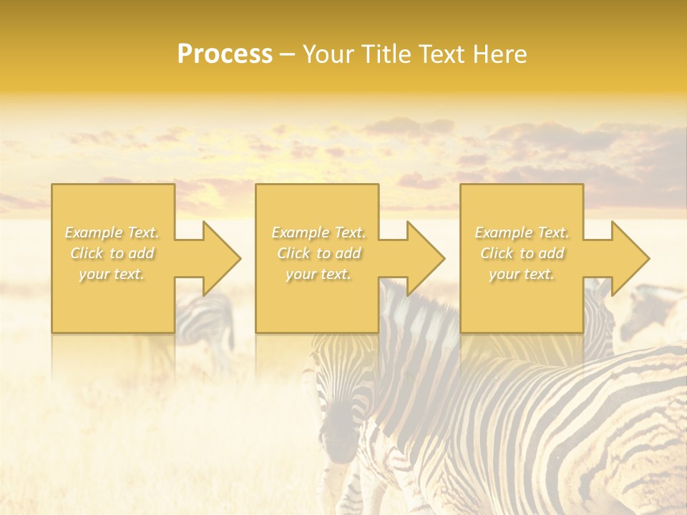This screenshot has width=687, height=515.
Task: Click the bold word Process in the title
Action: pyautogui.click(x=225, y=54)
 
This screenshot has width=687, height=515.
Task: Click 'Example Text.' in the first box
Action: pyautogui.click(x=112, y=232)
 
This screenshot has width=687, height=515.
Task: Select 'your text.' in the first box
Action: pyautogui.click(x=112, y=274)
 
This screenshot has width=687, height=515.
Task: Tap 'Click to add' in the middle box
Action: pyautogui.click(x=318, y=253)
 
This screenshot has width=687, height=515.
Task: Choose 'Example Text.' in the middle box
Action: pyautogui.click(x=318, y=232)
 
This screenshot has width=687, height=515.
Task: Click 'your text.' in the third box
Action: pyautogui.click(x=522, y=274)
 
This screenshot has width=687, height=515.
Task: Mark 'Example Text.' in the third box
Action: pyautogui.click(x=522, y=232)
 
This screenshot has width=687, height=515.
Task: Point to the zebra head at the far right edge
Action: pyautogui.click(x=651, y=308)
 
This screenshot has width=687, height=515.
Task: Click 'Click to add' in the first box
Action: pyautogui.click(x=112, y=253)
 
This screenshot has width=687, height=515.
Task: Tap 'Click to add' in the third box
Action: pyautogui.click(x=522, y=253)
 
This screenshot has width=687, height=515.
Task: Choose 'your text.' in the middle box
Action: pyautogui.click(x=318, y=274)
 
